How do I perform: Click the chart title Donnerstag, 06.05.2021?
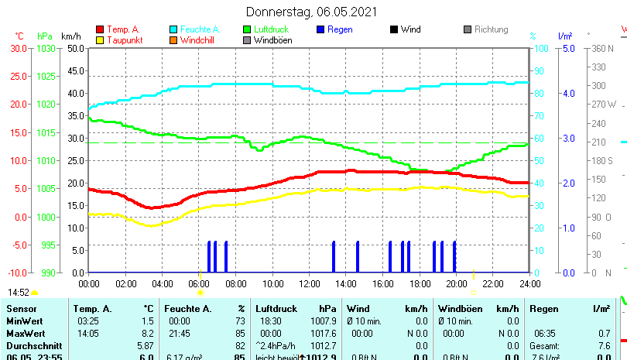tap(313, 12)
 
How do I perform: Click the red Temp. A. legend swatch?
tap(100, 29)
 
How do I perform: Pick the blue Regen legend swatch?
tap(321, 29)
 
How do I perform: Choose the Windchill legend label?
tap(199, 40)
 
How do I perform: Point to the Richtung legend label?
tap(491, 29)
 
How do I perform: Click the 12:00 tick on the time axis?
tap(310, 284)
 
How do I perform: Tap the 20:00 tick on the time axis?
tap(456, 284)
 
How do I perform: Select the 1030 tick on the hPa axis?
tap(46, 48)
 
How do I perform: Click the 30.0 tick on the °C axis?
tap(19, 48)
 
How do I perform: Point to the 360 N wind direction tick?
tap(602, 48)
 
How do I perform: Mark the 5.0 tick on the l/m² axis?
tap(567, 48)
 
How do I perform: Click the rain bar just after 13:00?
tap(334, 257)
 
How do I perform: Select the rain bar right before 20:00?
tap(454, 257)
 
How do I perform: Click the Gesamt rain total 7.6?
tap(604, 345)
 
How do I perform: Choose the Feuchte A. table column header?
tap(187, 309)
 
